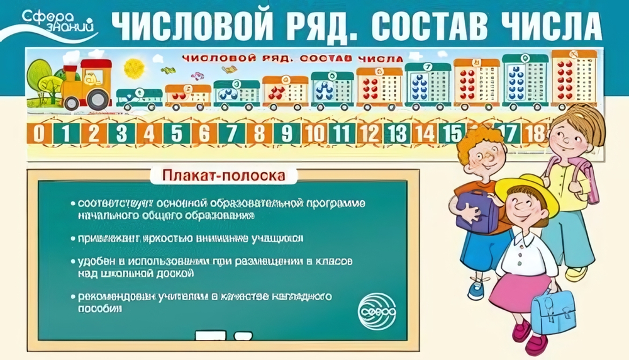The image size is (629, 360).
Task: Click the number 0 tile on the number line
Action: pyautogui.click(x=39, y=133)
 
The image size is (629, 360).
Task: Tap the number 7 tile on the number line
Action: pyautogui.click(x=231, y=133)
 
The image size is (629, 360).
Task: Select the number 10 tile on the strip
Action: pyautogui.click(x=314, y=133)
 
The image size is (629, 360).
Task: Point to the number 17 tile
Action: pyautogui.click(x=510, y=133)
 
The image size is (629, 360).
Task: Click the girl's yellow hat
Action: pyautogui.click(x=526, y=192)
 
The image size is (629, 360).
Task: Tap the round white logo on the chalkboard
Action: pyautogui.click(x=376, y=307)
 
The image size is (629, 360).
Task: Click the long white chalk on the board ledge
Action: pyautogui.click(x=210, y=334)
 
